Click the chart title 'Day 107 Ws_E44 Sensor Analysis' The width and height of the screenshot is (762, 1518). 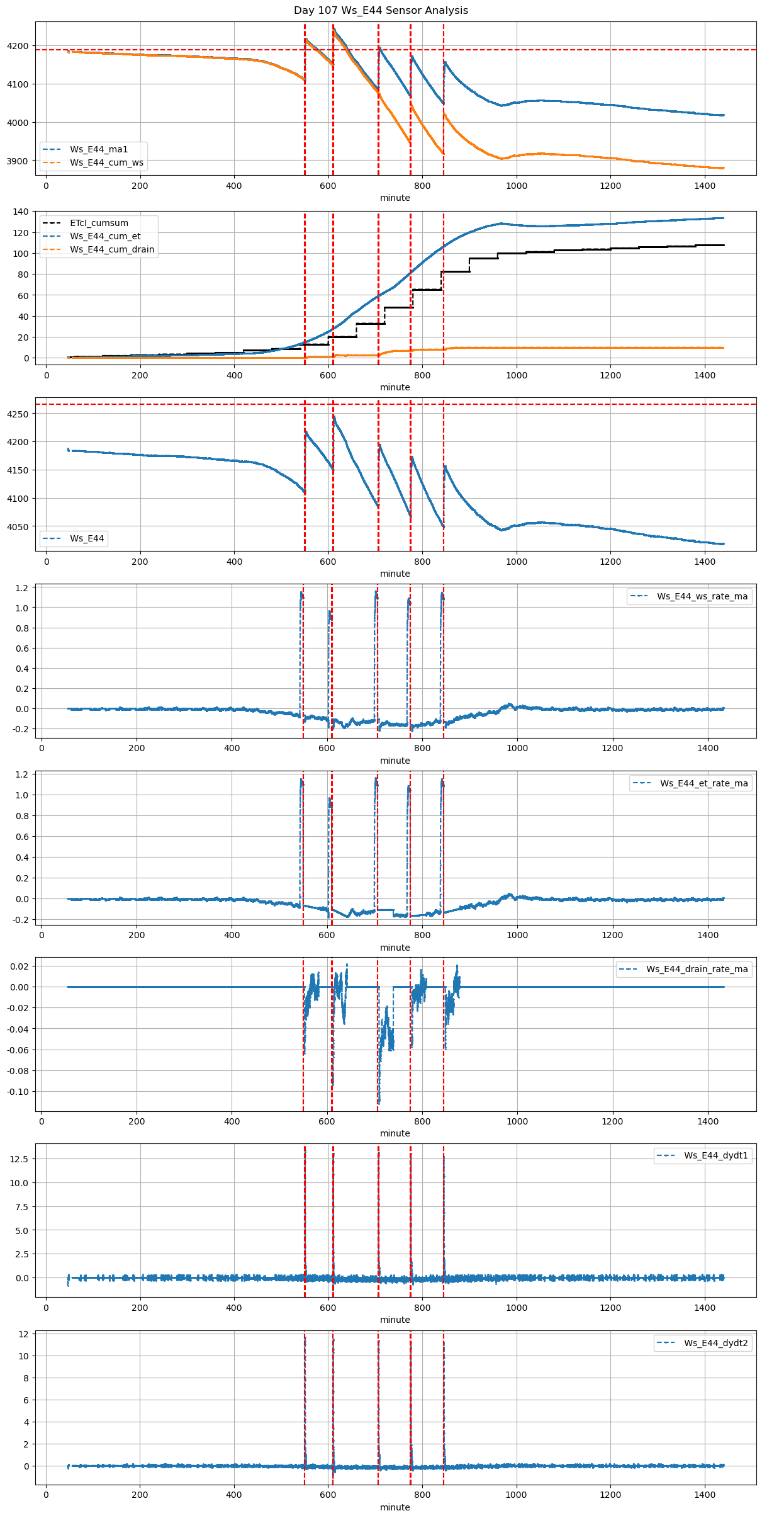click(381, 11)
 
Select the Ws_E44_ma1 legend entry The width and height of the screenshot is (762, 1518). click(98, 149)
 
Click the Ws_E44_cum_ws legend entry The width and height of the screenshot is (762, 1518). click(106, 162)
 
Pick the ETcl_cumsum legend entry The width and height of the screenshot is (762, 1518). click(99, 223)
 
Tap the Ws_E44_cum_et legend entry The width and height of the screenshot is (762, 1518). click(105, 236)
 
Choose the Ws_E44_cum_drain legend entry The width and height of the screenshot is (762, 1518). click(112, 249)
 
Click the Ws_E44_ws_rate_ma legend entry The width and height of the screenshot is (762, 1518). click(702, 596)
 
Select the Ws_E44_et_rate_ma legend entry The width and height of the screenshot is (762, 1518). click(703, 783)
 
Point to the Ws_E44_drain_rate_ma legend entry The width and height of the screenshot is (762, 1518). click(697, 969)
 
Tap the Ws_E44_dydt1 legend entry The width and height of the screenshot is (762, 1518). click(715, 1155)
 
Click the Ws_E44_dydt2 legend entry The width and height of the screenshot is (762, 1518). click(715, 1343)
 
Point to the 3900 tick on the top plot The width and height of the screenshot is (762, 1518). click(18, 161)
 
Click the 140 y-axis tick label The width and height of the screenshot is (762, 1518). click(21, 212)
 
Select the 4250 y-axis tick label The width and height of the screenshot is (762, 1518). click(18, 414)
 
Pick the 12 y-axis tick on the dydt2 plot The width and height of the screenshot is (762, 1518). click(24, 1334)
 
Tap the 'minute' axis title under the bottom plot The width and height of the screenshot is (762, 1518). click(395, 1507)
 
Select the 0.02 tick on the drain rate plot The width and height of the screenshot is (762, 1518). click(19, 966)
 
